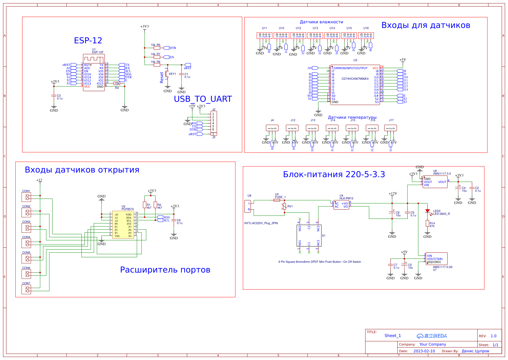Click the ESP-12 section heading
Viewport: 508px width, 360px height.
tap(88, 41)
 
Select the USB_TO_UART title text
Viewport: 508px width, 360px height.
tap(203, 99)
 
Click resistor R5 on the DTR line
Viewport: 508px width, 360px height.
tap(157, 48)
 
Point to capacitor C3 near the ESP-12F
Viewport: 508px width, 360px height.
tap(54, 96)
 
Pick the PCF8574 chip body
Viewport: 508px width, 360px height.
tap(123, 225)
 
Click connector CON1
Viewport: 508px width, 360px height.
tap(26, 197)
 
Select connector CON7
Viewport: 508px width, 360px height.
tap(26, 289)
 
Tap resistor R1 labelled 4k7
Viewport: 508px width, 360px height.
tap(145, 205)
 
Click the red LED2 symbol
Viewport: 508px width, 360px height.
tap(427, 211)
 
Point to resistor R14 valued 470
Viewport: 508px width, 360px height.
tap(427, 223)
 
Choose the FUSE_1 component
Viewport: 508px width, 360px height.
tap(277, 200)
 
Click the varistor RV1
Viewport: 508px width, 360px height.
tap(284, 206)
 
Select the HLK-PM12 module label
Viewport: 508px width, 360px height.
tap(346, 198)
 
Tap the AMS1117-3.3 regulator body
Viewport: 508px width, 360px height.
tap(435, 182)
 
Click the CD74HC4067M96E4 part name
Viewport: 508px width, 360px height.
tap(355, 79)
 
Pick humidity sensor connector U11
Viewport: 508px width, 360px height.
tap(264, 36)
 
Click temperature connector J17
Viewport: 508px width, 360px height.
tap(391, 128)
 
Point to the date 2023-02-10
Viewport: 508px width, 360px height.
tap(424, 351)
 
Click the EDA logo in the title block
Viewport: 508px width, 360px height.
tap(432, 336)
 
